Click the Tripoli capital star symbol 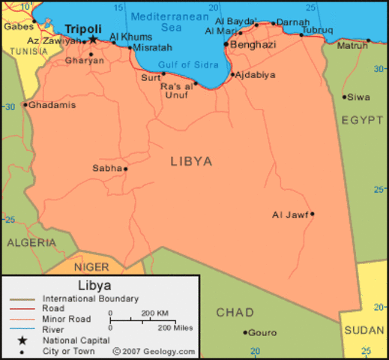93,40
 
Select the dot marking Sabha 125,169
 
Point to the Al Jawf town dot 312,214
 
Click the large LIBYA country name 191,161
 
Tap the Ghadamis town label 52,105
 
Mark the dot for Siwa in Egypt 344,97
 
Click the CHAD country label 235,312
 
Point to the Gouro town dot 245,332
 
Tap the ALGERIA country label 31,243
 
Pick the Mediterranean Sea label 168,21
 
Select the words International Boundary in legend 91,298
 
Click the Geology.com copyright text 154,351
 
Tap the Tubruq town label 316,30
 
